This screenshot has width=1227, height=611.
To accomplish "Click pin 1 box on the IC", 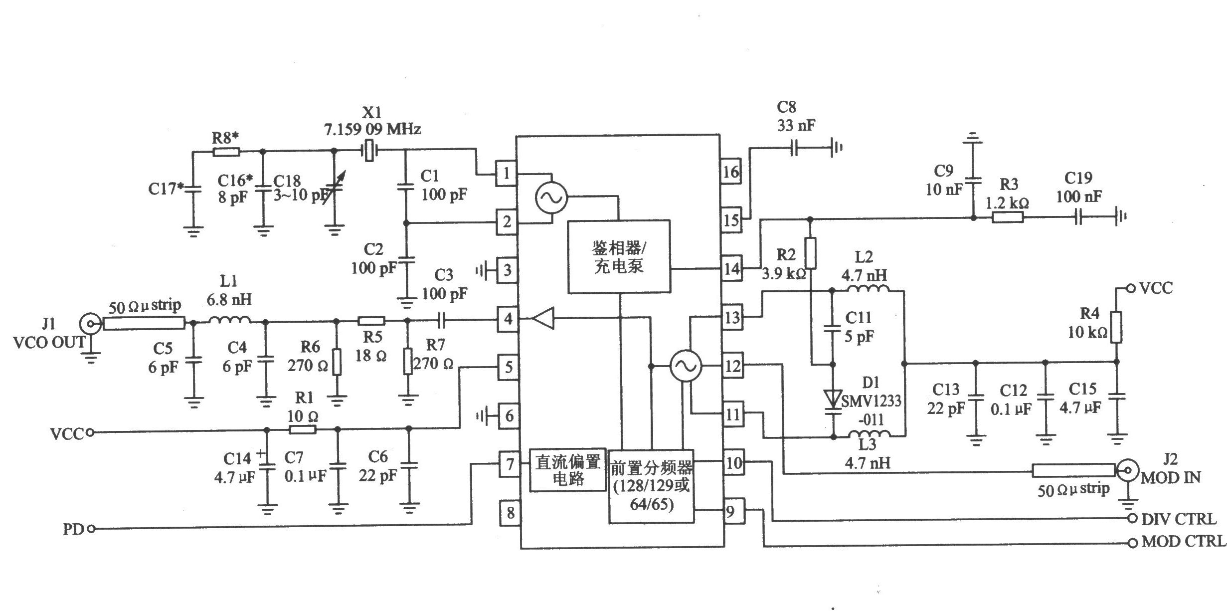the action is [x=506, y=174].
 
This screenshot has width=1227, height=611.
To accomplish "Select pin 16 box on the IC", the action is [x=731, y=172].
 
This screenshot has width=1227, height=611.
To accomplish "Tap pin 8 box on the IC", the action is [x=510, y=513].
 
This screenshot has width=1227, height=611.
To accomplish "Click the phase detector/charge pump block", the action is [x=619, y=256].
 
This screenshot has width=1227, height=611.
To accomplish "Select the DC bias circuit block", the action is [x=568, y=470].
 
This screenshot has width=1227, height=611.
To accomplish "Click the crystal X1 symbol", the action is [x=368, y=150].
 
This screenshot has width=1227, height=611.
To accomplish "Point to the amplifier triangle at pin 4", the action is [x=542, y=318].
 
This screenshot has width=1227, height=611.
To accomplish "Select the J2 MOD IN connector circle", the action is [x=1125, y=470].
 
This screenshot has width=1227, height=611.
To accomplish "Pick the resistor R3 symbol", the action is [x=1008, y=217].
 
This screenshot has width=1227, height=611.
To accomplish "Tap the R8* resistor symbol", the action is [x=226, y=152].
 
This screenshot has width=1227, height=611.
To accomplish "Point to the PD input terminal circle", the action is [x=91, y=529].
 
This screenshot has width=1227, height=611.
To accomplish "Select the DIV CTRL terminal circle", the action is [x=1132, y=519].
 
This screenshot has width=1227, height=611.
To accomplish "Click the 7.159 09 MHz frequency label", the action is [x=372, y=130].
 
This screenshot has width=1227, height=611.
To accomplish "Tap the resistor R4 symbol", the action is [x=1116, y=327].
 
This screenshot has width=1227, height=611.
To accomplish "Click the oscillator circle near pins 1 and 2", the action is [x=551, y=198].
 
